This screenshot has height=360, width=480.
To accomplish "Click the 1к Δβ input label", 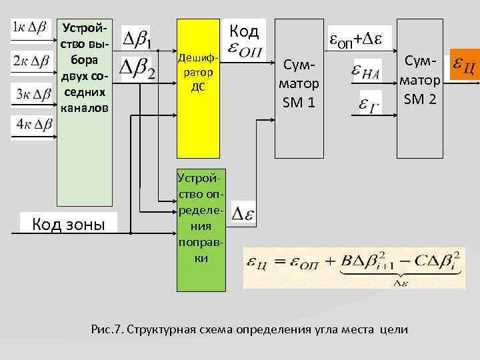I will tap(31, 28).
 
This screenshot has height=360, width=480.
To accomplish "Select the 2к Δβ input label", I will tap(31, 61).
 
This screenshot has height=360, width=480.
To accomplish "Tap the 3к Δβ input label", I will tap(31, 93).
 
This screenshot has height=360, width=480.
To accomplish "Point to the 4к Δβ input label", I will tap(31, 124).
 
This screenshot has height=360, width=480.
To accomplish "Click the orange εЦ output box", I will tap(464, 65).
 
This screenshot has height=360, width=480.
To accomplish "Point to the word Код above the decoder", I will tap(243, 31).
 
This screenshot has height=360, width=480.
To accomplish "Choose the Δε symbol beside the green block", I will tap(244, 214).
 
